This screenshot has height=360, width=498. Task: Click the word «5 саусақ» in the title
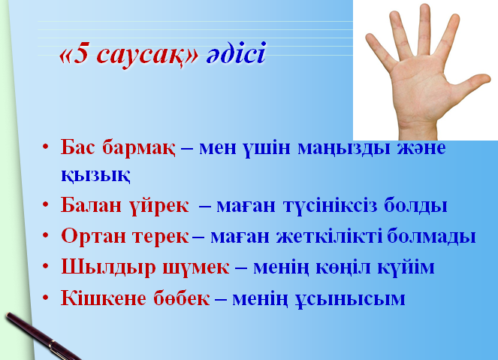pos(129,55)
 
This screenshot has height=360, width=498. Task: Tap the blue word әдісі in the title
pos(236,53)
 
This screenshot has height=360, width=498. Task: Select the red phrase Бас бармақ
pos(118,148)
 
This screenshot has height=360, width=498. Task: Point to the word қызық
pos(95,175)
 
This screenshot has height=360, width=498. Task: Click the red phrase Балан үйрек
pos(125,206)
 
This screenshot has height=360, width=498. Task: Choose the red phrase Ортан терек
pos(125,236)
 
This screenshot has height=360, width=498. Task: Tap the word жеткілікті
pos(330,237)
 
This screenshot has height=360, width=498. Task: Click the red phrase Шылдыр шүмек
pos(145,268)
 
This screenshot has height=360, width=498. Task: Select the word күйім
pos(406,268)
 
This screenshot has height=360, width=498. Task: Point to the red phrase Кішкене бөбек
pos(135,298)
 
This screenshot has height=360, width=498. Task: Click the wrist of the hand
pos(418,130)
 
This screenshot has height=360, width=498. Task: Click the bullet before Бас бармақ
pos(46,147)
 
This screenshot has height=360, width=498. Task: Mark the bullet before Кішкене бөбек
pos(46,298)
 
